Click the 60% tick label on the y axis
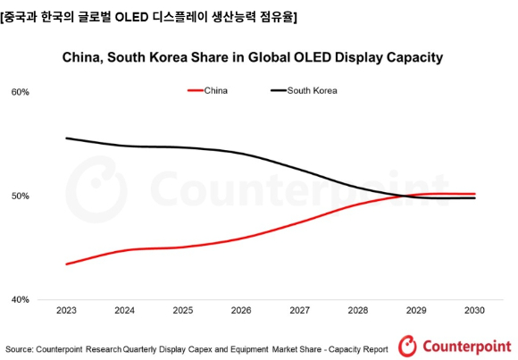(21, 92)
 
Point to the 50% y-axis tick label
(21, 196)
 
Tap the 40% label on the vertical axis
(21, 299)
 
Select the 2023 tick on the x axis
(66, 312)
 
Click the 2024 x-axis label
(124, 312)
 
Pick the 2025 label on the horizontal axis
(183, 312)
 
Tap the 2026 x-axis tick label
(241, 312)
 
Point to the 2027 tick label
(299, 312)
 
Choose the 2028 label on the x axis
(357, 312)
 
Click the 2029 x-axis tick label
(416, 312)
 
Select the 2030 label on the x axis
(474, 312)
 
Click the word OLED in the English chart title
(306, 58)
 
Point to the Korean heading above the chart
(149, 16)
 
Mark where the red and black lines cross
(406, 196)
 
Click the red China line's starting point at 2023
(67, 264)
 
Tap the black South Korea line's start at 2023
(67, 138)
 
